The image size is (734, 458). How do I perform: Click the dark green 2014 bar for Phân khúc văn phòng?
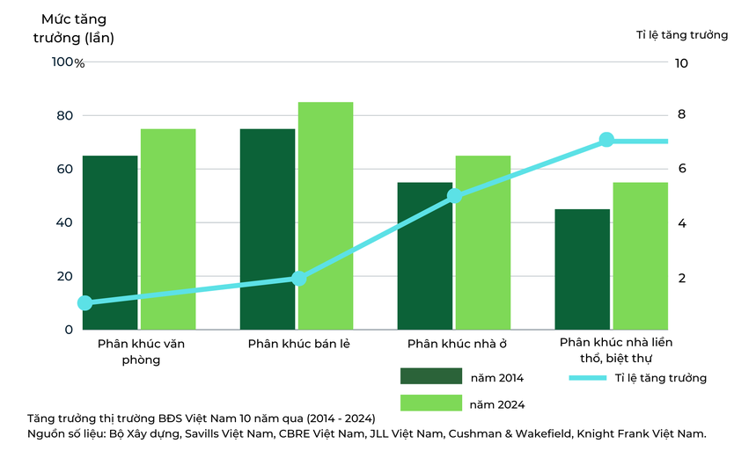point(110,243)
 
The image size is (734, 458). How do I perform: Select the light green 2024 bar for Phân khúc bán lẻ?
point(326,215)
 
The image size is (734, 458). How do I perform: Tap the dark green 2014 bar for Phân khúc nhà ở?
point(425,256)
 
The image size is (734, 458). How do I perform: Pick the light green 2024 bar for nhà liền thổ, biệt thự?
point(641,256)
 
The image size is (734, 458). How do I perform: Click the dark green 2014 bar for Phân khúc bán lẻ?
point(268,229)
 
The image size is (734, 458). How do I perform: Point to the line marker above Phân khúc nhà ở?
point(454,196)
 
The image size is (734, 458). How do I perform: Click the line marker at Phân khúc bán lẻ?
point(298,279)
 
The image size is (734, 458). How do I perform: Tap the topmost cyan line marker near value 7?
point(606,139)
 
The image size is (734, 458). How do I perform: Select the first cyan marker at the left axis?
point(84,302)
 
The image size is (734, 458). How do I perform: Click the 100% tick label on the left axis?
point(68,62)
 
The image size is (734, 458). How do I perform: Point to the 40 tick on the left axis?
point(64,222)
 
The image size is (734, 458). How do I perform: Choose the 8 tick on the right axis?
point(681,114)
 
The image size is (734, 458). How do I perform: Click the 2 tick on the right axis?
point(682,278)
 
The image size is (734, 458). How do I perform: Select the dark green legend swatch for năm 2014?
point(431,376)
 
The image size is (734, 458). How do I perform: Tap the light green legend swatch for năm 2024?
point(431,403)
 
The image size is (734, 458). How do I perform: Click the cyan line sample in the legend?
point(588,378)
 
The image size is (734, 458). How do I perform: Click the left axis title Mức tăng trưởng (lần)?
point(74,28)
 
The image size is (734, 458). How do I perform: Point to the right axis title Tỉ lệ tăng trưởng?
point(682,35)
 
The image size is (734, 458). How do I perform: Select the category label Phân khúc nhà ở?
point(457,344)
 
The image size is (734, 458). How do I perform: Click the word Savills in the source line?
point(202,433)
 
